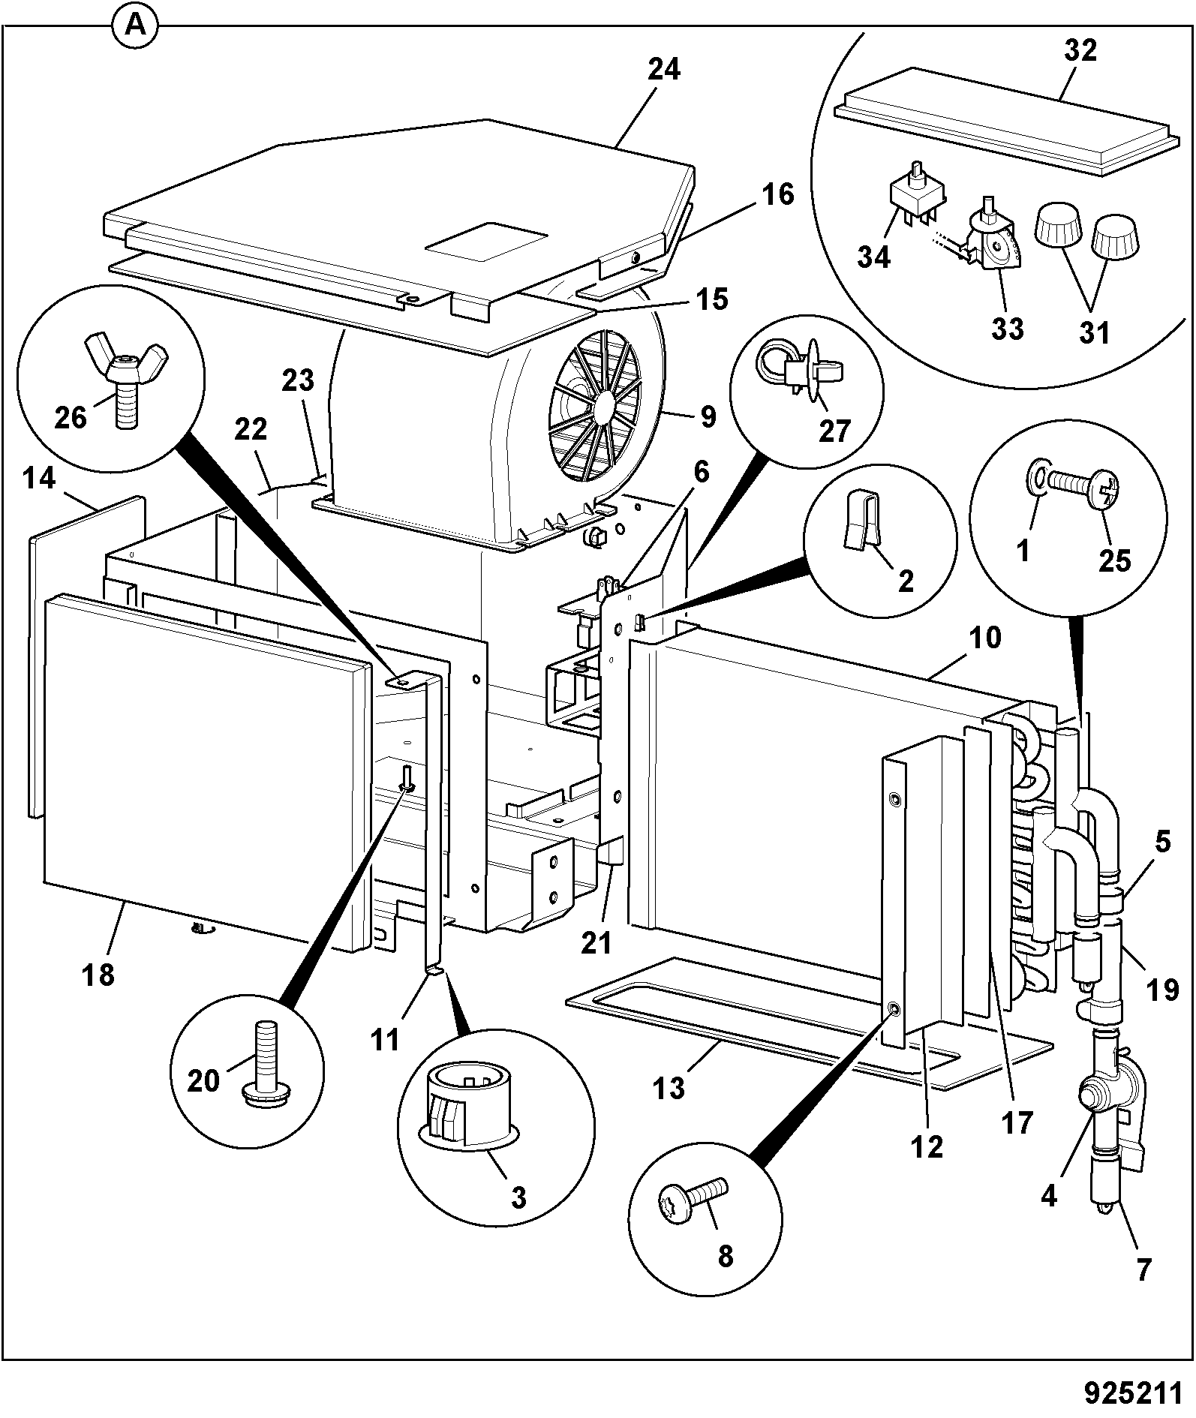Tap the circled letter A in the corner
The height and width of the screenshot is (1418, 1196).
coord(135,26)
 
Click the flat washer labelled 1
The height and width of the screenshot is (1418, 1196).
coord(1037,479)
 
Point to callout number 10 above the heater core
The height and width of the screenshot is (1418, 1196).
coord(987,638)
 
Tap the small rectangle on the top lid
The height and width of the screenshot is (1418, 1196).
coord(486,242)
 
